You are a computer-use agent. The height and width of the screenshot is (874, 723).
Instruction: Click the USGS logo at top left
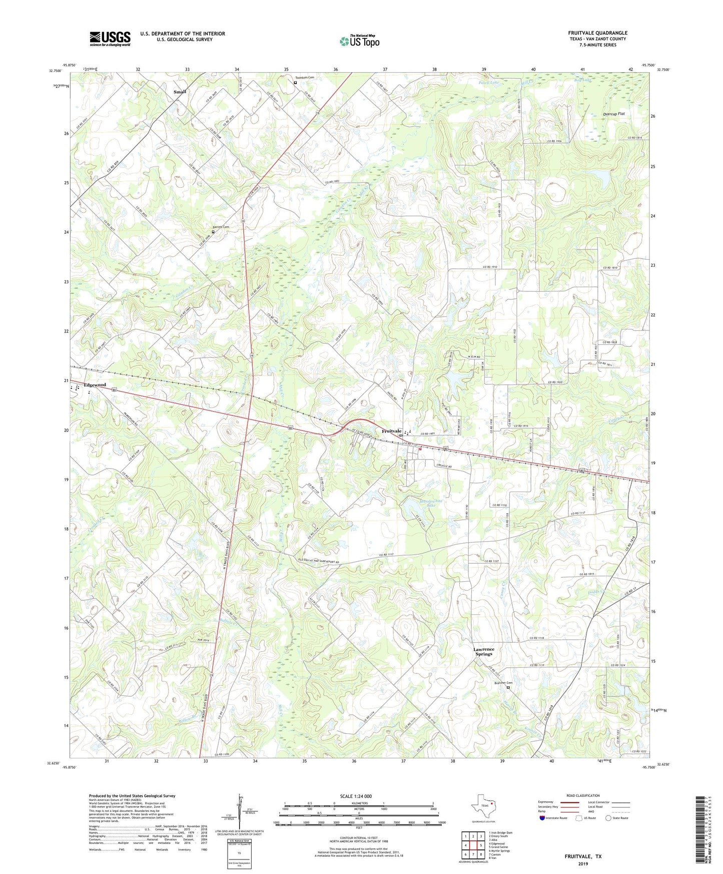[x=110, y=38]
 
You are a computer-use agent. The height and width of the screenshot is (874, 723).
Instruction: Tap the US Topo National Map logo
[x=359, y=41]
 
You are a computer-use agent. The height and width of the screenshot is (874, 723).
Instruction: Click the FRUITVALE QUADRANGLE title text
[x=597, y=33]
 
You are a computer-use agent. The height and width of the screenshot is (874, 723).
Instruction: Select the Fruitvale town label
[x=391, y=431]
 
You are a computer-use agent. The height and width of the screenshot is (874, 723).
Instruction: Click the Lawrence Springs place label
[x=483, y=651]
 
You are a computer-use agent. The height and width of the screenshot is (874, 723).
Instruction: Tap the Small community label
[x=180, y=92]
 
